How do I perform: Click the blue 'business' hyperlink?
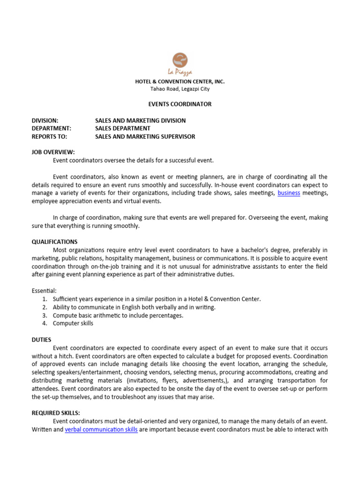pos(289,193)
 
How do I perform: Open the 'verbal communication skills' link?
pos(101,429)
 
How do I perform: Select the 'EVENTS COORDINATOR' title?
pos(180,104)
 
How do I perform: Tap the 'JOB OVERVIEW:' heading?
pos(53,152)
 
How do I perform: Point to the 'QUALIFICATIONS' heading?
pos(54,241)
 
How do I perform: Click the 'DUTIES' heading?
pos(42,339)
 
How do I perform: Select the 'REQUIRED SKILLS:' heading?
pos(56,413)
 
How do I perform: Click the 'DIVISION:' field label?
pos(45,120)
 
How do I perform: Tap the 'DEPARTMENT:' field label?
pos(51,128)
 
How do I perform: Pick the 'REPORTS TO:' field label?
pos(49,136)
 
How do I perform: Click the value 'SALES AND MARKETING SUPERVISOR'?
pos(145,136)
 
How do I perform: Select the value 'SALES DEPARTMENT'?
pos(123,128)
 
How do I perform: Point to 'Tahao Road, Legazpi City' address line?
pos(180,89)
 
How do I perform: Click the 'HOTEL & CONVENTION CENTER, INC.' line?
pos(180,82)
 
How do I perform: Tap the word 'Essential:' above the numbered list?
pos(44,291)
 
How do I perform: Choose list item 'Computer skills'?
pos(73,323)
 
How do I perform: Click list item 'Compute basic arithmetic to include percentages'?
pos(118,315)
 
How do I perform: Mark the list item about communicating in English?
pos(134,307)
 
